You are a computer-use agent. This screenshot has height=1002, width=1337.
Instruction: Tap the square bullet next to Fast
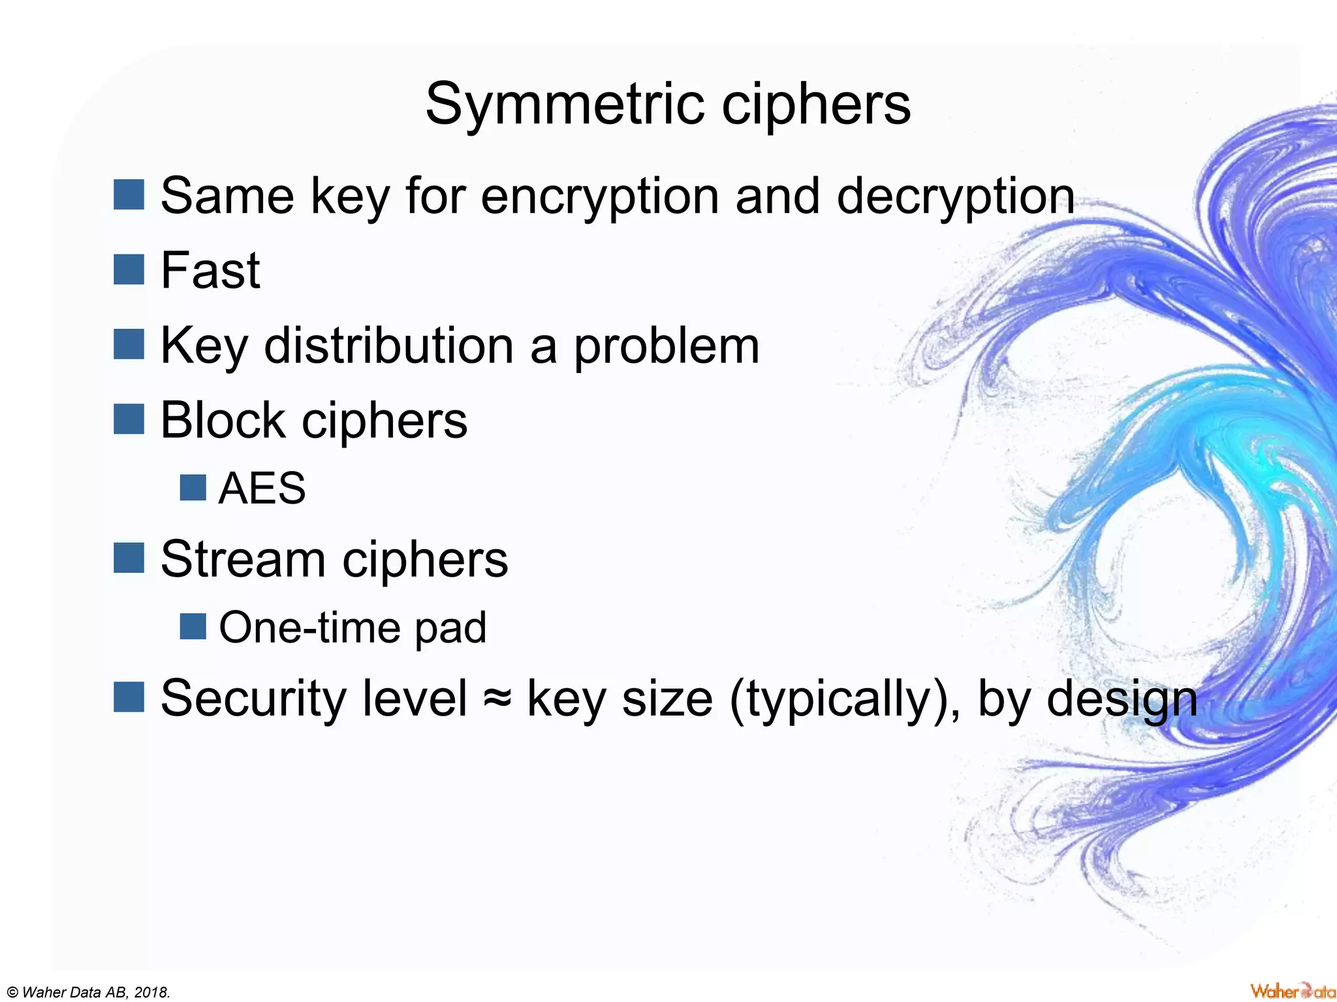pos(129,269)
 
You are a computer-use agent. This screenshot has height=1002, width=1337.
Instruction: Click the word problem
pos(667,346)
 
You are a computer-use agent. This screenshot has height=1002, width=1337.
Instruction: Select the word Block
pos(223,420)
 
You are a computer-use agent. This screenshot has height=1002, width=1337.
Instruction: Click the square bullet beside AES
pos(193,487)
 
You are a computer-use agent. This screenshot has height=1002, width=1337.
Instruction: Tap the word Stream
pos(243,560)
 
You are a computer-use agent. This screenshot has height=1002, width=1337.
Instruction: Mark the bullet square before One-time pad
pos(193,626)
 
